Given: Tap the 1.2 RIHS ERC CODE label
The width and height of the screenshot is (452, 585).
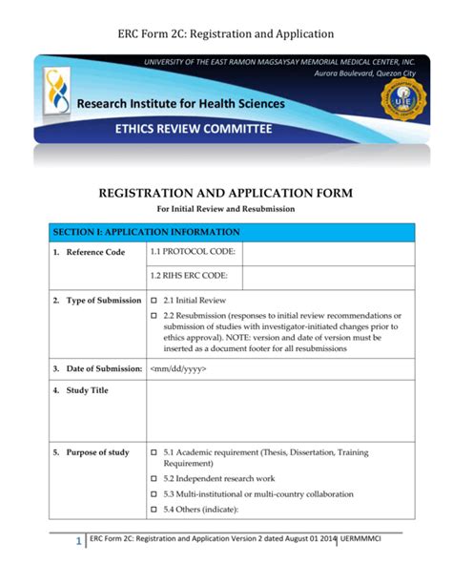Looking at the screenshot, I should tap(189, 277).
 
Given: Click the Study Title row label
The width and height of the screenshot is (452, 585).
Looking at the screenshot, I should tap(87, 391).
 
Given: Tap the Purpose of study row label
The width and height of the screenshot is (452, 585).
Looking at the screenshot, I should tap(97, 452).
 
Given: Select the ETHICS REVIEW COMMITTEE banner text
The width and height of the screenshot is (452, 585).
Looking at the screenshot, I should tap(193, 129).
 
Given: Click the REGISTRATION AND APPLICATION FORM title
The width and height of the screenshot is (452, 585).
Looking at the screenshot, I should tap(226, 193).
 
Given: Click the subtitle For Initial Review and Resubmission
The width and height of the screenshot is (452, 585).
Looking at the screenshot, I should tap(226, 209).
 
